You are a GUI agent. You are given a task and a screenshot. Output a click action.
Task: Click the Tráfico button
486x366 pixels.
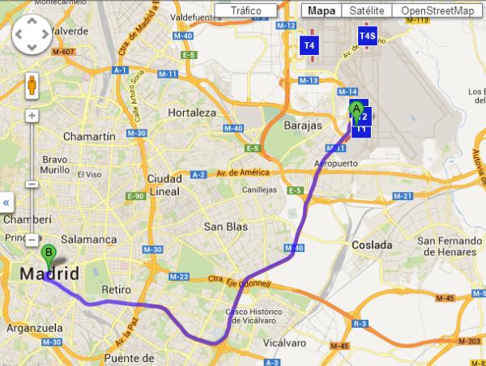point(245,11)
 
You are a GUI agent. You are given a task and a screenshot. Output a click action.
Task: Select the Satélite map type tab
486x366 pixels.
point(363,11)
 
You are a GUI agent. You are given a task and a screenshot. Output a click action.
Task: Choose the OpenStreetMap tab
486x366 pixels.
point(437,11)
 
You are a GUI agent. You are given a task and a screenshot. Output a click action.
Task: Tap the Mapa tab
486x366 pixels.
point(322,11)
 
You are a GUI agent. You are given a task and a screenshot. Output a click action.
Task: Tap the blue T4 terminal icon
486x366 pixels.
point(309,45)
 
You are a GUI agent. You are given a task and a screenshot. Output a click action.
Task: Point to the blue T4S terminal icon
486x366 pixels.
point(367,36)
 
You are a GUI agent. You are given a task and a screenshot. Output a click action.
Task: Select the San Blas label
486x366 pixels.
point(225,227)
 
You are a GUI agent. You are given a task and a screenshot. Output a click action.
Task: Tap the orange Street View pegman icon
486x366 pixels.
point(32,85)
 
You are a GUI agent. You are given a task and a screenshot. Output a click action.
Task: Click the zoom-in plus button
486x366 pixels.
point(32,115)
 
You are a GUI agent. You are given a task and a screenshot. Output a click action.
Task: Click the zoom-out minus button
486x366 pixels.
point(32,240)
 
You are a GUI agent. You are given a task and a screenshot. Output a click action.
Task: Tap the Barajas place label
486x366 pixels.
point(303,126)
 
